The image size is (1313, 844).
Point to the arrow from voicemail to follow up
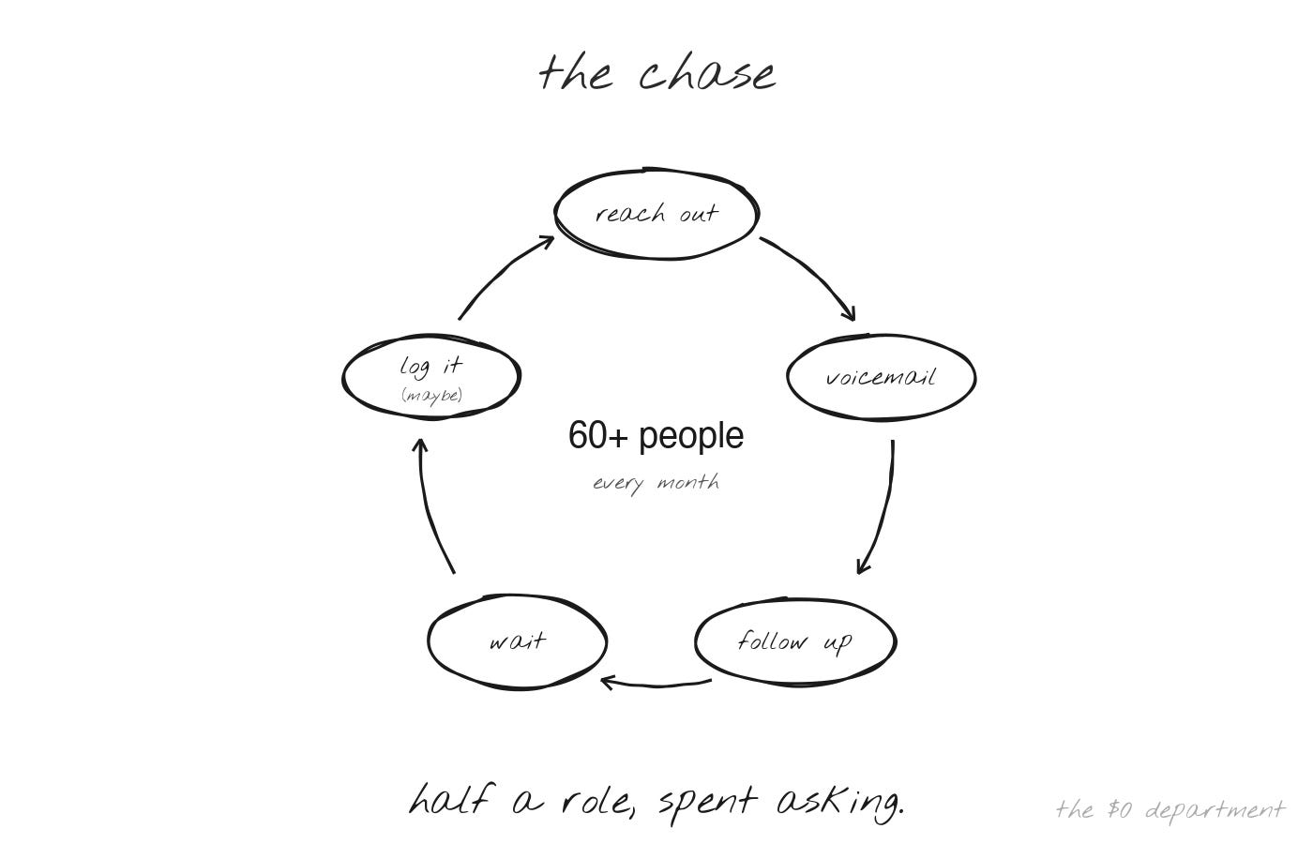click(x=885, y=510)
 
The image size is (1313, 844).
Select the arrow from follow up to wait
click(x=656, y=685)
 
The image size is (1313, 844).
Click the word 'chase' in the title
click(x=707, y=73)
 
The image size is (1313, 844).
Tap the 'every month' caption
click(x=656, y=483)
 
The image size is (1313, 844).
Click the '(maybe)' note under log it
click(x=432, y=396)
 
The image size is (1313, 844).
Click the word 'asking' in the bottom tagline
click(x=839, y=803)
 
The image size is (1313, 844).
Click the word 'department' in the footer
click(x=1215, y=811)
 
